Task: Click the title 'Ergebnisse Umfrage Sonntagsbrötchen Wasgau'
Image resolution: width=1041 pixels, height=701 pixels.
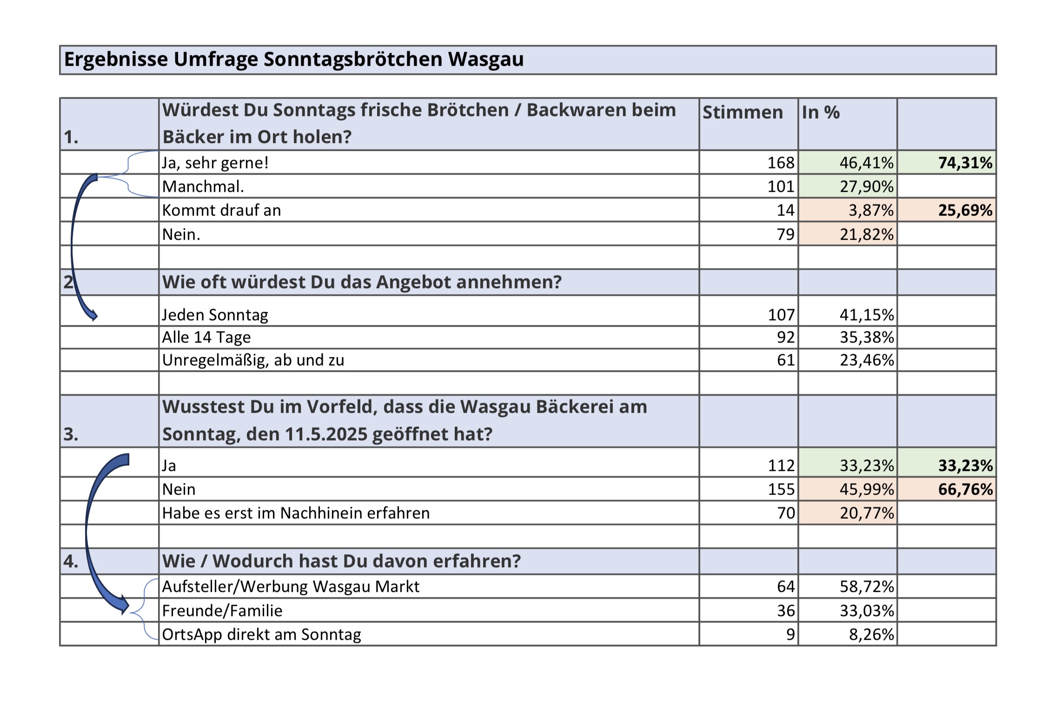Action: coord(294,60)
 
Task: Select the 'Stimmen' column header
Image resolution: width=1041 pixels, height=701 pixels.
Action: coord(743,113)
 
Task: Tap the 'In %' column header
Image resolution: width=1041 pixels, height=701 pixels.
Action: coord(821,113)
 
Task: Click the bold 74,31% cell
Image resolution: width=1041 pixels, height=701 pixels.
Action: coord(965,163)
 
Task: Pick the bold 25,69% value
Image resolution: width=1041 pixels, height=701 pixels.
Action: coord(965,210)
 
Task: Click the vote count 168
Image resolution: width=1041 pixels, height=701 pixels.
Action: coord(781,163)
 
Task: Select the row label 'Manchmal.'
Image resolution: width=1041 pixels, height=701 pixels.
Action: coord(203,187)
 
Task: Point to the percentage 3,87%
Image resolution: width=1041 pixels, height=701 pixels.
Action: coord(871,210)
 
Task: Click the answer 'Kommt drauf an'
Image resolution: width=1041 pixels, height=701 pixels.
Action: coord(222,210)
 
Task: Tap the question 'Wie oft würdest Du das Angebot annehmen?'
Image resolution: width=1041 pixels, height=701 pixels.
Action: coord(362,282)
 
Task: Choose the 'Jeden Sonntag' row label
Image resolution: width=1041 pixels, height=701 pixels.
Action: coord(215,315)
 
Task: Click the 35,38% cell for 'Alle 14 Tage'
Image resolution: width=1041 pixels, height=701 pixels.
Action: coord(867,337)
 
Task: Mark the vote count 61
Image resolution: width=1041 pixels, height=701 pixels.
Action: coord(785,360)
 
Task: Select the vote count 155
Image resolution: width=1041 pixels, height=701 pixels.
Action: coord(781,489)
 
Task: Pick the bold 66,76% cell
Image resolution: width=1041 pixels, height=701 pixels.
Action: coord(965,489)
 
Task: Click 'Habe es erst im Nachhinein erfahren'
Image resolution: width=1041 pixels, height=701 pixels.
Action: coord(296,513)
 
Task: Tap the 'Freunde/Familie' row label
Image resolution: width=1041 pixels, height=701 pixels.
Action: coord(222,611)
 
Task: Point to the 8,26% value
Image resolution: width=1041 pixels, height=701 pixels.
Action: coord(871,634)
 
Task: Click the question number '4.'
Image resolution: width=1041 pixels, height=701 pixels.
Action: coord(71,561)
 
